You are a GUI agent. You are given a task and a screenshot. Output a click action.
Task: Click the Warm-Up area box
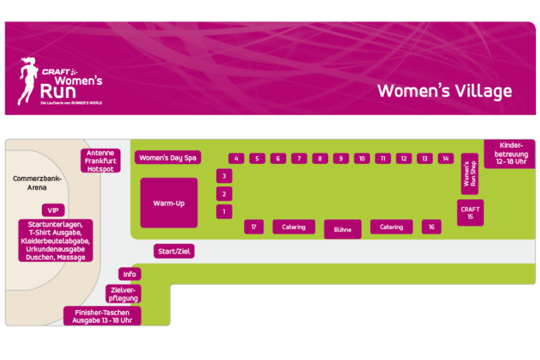pos(169,203)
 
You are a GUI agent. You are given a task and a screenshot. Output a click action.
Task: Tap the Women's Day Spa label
pos(167,158)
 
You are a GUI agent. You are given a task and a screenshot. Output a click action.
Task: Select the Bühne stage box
pos(343,229)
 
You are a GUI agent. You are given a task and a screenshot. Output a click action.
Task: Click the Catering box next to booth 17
pos(294,227)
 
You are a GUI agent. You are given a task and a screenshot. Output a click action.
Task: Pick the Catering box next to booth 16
pos(391,227)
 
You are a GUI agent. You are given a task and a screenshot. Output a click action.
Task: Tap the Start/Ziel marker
pos(174,251)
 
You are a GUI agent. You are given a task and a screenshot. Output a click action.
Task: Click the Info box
pos(130,274)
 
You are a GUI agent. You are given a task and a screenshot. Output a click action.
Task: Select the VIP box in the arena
pos(53,210)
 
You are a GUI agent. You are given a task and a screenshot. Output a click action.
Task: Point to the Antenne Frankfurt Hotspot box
pos(101,161)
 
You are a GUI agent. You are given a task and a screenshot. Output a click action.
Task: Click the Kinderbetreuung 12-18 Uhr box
pos(510,153)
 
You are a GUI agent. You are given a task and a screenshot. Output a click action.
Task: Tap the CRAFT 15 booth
pos(470,213)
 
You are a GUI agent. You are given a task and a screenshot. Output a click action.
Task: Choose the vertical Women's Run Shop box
pos(470,174)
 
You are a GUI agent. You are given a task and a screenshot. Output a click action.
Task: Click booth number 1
pos(224,211)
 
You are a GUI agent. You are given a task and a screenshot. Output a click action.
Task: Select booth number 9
pos(341,159)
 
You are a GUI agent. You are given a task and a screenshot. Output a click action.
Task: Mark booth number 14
pos(446,159)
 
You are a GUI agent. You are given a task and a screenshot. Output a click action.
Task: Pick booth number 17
pos(254,227)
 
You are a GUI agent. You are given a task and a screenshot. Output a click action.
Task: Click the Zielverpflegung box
pos(124,294)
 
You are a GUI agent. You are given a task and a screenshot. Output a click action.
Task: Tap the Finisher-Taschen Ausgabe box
pos(103,316)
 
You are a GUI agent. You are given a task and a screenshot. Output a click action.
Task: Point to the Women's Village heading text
pos(445,91)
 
